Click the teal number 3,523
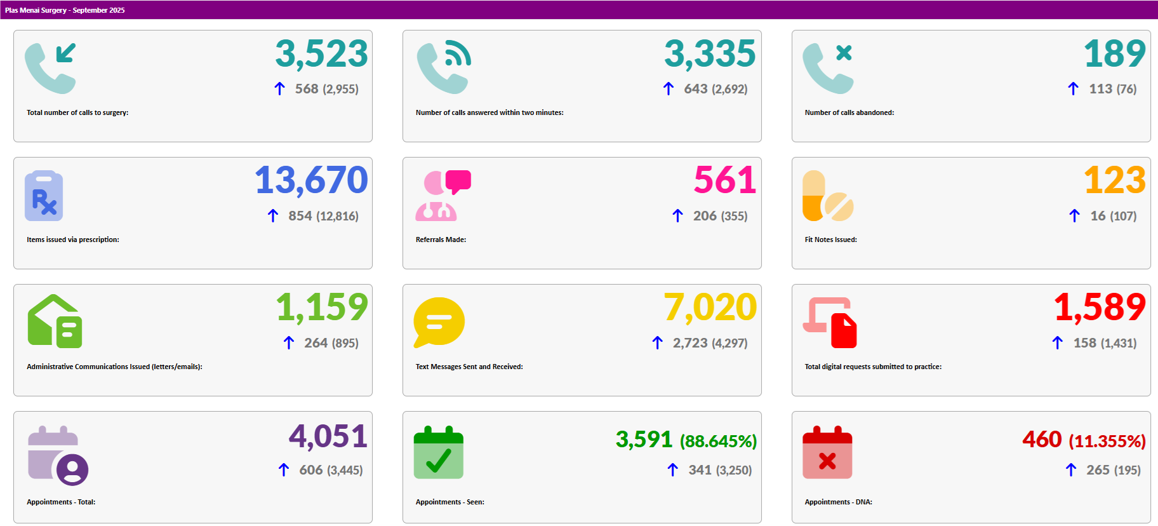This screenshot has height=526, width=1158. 321,54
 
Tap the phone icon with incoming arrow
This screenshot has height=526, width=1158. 50,68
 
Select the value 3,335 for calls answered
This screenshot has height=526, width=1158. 710,54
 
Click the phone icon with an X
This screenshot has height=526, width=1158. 828,68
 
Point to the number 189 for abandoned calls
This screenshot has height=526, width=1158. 1114,54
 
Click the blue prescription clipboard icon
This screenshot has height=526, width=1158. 44,196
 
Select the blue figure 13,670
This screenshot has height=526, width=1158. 311,181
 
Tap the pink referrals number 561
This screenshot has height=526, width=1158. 724,181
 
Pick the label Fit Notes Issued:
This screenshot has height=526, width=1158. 830,239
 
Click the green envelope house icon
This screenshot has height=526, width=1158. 55,321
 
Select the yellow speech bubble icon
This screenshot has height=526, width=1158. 439,322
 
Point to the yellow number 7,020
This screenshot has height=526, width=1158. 710,308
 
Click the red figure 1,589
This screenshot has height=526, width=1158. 1100,308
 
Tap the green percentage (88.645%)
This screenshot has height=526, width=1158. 718,442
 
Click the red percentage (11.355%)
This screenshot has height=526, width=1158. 1107,442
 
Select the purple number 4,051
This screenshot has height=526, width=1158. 328,437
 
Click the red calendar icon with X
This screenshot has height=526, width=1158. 827,452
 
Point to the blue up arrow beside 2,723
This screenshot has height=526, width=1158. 657,343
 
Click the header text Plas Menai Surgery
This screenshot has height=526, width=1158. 36,10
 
